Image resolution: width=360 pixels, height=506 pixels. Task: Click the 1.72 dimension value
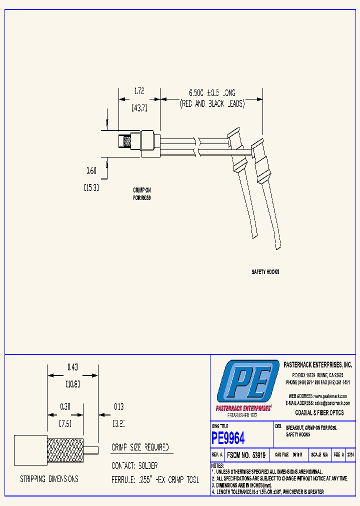click(139, 91)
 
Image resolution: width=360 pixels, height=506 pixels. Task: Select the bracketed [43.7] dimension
click(139, 107)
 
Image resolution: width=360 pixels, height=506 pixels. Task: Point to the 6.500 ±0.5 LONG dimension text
click(212, 93)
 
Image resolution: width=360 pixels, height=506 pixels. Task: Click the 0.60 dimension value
click(91, 171)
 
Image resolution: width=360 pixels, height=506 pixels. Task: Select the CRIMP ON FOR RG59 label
click(142, 194)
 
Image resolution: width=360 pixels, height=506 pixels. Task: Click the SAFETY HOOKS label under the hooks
click(265, 272)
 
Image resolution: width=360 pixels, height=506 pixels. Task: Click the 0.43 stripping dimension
click(73, 367)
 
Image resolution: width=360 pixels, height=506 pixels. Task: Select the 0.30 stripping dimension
click(65, 406)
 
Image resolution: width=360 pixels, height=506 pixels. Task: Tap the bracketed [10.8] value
click(73, 384)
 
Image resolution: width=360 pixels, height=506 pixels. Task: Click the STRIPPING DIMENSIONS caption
click(49, 479)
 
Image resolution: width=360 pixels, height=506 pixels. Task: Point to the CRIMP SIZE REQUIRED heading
click(140, 447)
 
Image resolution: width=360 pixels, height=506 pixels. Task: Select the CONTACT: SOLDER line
click(134, 465)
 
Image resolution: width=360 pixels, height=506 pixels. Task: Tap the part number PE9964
click(228, 438)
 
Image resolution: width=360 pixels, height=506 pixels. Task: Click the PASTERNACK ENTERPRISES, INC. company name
click(317, 365)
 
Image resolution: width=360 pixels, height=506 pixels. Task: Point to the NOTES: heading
click(217, 465)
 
